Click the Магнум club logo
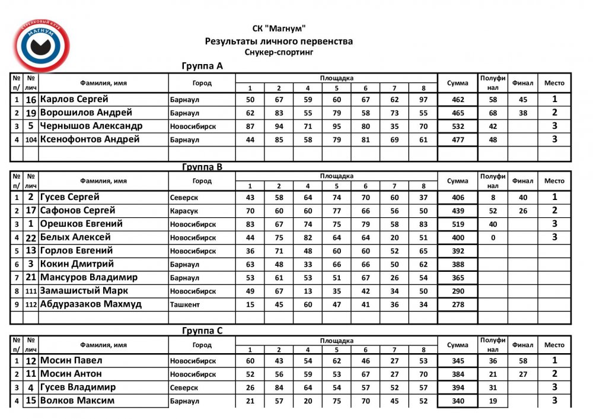(x=42, y=46)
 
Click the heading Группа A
(x=202, y=66)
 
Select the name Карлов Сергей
(x=74, y=99)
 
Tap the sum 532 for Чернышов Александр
(x=457, y=126)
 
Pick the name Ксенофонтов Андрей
(x=90, y=139)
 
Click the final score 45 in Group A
(x=522, y=100)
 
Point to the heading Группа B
(x=202, y=167)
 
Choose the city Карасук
(x=184, y=211)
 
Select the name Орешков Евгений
(x=81, y=224)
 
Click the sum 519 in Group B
(x=457, y=224)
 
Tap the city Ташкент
(x=184, y=304)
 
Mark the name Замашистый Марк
(x=84, y=291)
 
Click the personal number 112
(x=31, y=304)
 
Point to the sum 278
(x=457, y=304)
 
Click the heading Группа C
(x=202, y=331)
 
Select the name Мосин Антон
(x=71, y=374)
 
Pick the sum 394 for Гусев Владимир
(x=457, y=388)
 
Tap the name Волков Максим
(x=77, y=401)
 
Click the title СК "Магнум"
(x=279, y=28)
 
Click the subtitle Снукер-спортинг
(x=279, y=52)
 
